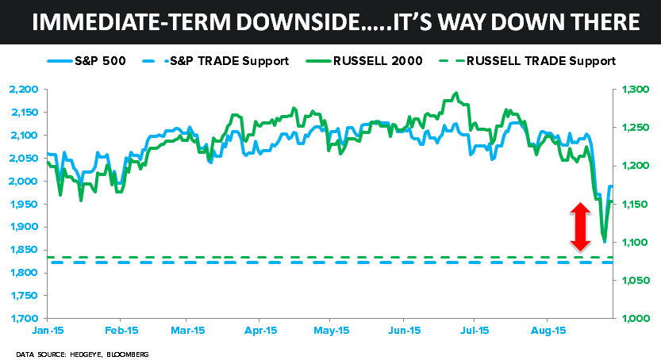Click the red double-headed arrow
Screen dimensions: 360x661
(x=580, y=228)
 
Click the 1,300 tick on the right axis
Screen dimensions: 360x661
(x=634, y=90)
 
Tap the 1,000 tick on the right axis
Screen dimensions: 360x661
(x=634, y=319)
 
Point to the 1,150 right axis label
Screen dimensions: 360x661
(x=634, y=205)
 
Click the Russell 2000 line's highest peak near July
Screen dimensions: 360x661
(x=455, y=94)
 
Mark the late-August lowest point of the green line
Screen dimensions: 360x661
(x=604, y=240)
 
